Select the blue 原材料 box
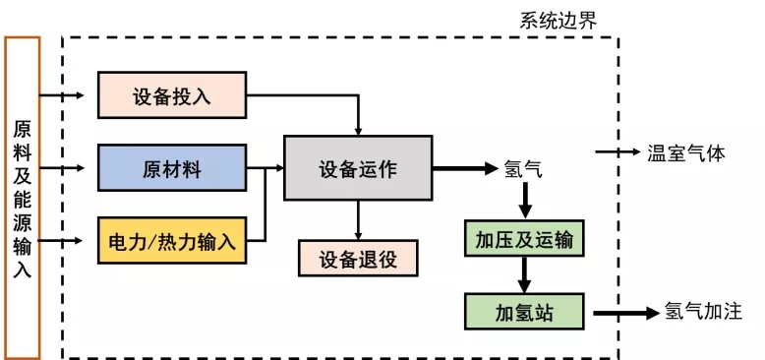point(172,167)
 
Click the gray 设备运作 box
point(357,168)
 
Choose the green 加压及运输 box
point(524,240)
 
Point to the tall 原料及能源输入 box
point(22,197)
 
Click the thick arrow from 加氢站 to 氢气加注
point(622,313)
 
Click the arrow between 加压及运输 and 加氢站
point(524,276)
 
